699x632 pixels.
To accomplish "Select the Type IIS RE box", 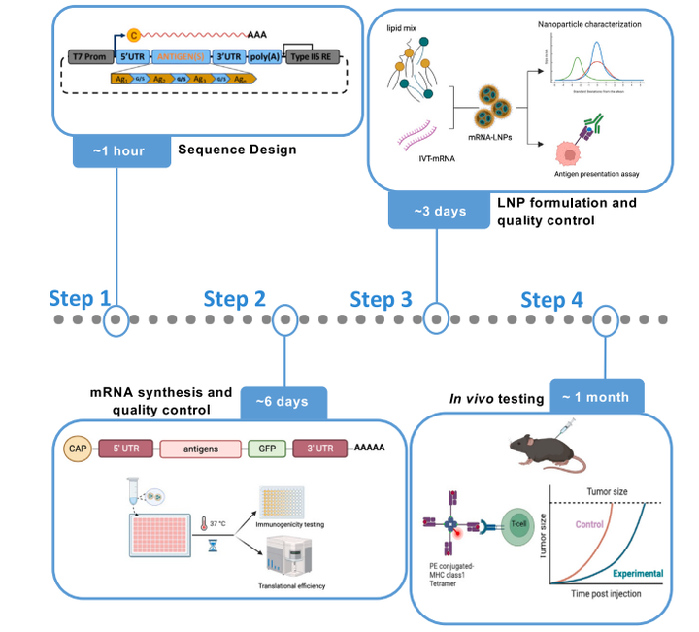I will tap(314, 59).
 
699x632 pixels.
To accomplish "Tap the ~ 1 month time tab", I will tap(596, 396).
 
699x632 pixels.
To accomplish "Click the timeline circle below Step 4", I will tap(607, 318).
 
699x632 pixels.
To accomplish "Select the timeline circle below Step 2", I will tap(283, 318).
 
